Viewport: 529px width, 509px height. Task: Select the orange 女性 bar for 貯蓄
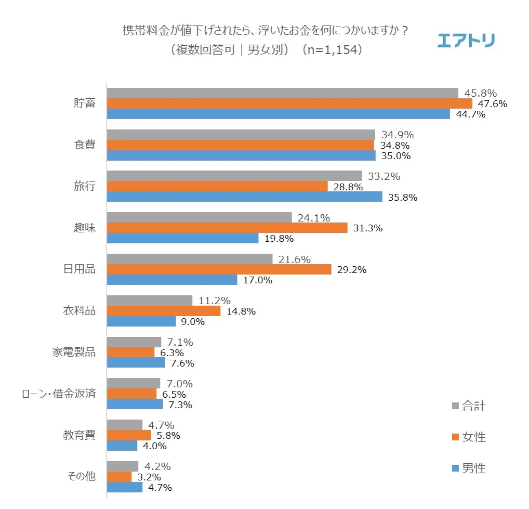pos(289,103)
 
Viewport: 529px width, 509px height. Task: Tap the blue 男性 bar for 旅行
pos(244,197)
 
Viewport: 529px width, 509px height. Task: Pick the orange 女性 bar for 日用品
pos(219,269)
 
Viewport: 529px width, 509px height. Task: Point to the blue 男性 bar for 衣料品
pos(141,321)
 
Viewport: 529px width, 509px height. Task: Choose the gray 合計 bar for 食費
pos(241,135)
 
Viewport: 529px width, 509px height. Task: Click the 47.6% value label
pos(492,104)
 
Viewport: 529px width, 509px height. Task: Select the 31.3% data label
pos(368,228)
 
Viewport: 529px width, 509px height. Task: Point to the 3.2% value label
pos(147,477)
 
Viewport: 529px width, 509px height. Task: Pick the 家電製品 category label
pos(74,352)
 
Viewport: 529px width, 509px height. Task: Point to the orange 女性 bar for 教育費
pos(129,435)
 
